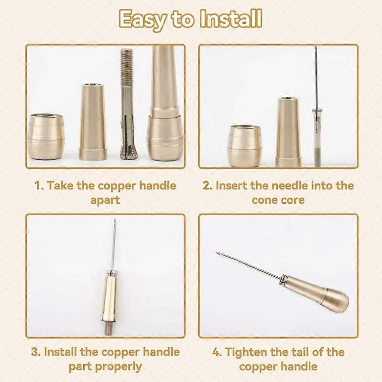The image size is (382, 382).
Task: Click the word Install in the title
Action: coord(230,19)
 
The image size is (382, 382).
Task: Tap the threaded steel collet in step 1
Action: coord(127,104)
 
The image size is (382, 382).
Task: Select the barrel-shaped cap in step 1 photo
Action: coord(46,136)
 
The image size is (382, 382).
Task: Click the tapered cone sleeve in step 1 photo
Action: coord(93,122)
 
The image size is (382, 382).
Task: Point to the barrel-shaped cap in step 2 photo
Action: coord(245,145)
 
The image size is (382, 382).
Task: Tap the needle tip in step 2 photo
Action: coord(316,47)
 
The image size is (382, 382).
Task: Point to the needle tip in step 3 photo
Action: coord(115,219)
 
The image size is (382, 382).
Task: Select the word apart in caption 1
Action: coord(105,201)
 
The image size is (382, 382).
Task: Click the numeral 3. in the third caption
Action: coord(36,352)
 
